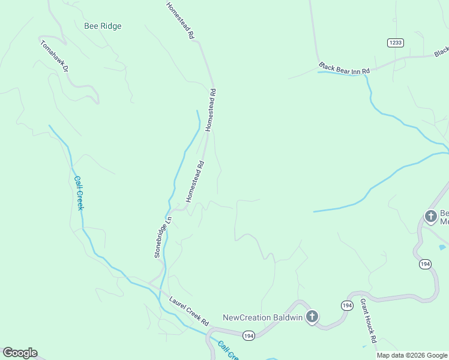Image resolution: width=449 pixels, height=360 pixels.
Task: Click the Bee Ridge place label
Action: [x=103, y=26]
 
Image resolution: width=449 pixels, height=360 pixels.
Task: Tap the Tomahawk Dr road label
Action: [x=55, y=55]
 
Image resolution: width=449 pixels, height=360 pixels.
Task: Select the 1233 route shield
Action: [x=395, y=43]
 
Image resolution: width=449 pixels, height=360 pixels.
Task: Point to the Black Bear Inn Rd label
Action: [x=345, y=68]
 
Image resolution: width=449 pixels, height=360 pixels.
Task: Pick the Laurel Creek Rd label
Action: [x=188, y=310]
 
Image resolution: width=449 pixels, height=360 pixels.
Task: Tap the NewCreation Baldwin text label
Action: [x=262, y=317]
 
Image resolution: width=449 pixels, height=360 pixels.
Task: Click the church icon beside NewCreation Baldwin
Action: [x=312, y=316]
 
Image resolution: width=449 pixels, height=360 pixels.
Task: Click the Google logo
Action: [x=20, y=353]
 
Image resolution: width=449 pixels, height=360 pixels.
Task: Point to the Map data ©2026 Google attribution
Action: [x=412, y=355]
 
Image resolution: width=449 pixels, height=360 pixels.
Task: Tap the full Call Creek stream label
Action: [x=79, y=192]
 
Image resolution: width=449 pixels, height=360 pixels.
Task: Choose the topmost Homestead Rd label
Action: [x=181, y=20]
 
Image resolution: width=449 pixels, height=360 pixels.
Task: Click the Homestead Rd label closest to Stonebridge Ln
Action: [x=196, y=181]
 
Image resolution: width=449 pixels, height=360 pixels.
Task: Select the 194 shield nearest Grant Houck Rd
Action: [x=347, y=305]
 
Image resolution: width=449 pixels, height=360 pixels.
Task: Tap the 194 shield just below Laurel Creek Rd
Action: [x=249, y=335]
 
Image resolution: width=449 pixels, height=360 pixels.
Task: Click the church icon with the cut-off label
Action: [x=430, y=216]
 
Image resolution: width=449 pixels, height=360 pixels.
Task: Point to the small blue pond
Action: [x=442, y=247]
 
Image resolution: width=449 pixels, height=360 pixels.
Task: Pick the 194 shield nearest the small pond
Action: [x=425, y=264]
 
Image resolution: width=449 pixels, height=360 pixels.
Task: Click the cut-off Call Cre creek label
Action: [x=228, y=351]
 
